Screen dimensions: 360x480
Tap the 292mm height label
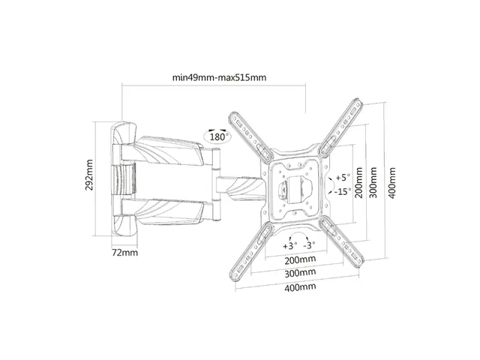[89, 175]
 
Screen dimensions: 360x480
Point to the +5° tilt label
[342, 177]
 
